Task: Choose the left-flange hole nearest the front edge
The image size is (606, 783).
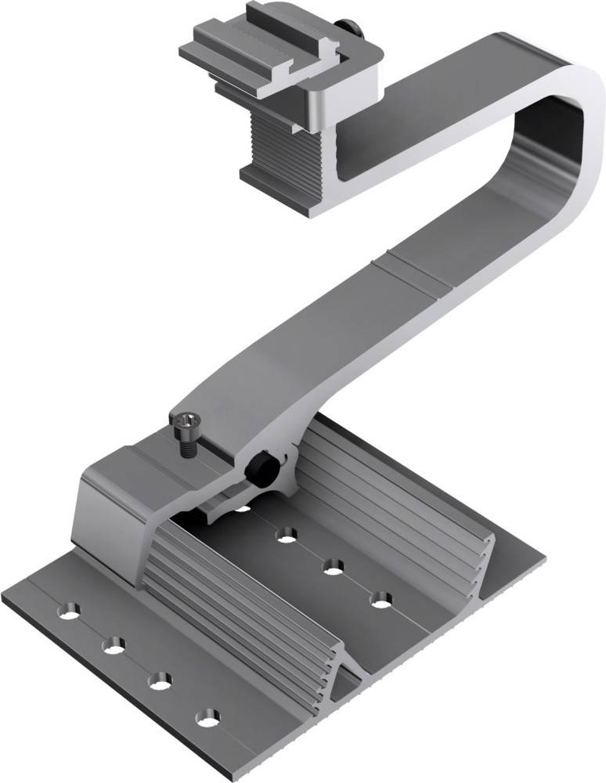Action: coord(207,716)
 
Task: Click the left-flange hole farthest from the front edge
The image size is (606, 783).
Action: coord(71,610)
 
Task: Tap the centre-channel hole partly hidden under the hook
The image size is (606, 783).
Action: coord(243,507)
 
